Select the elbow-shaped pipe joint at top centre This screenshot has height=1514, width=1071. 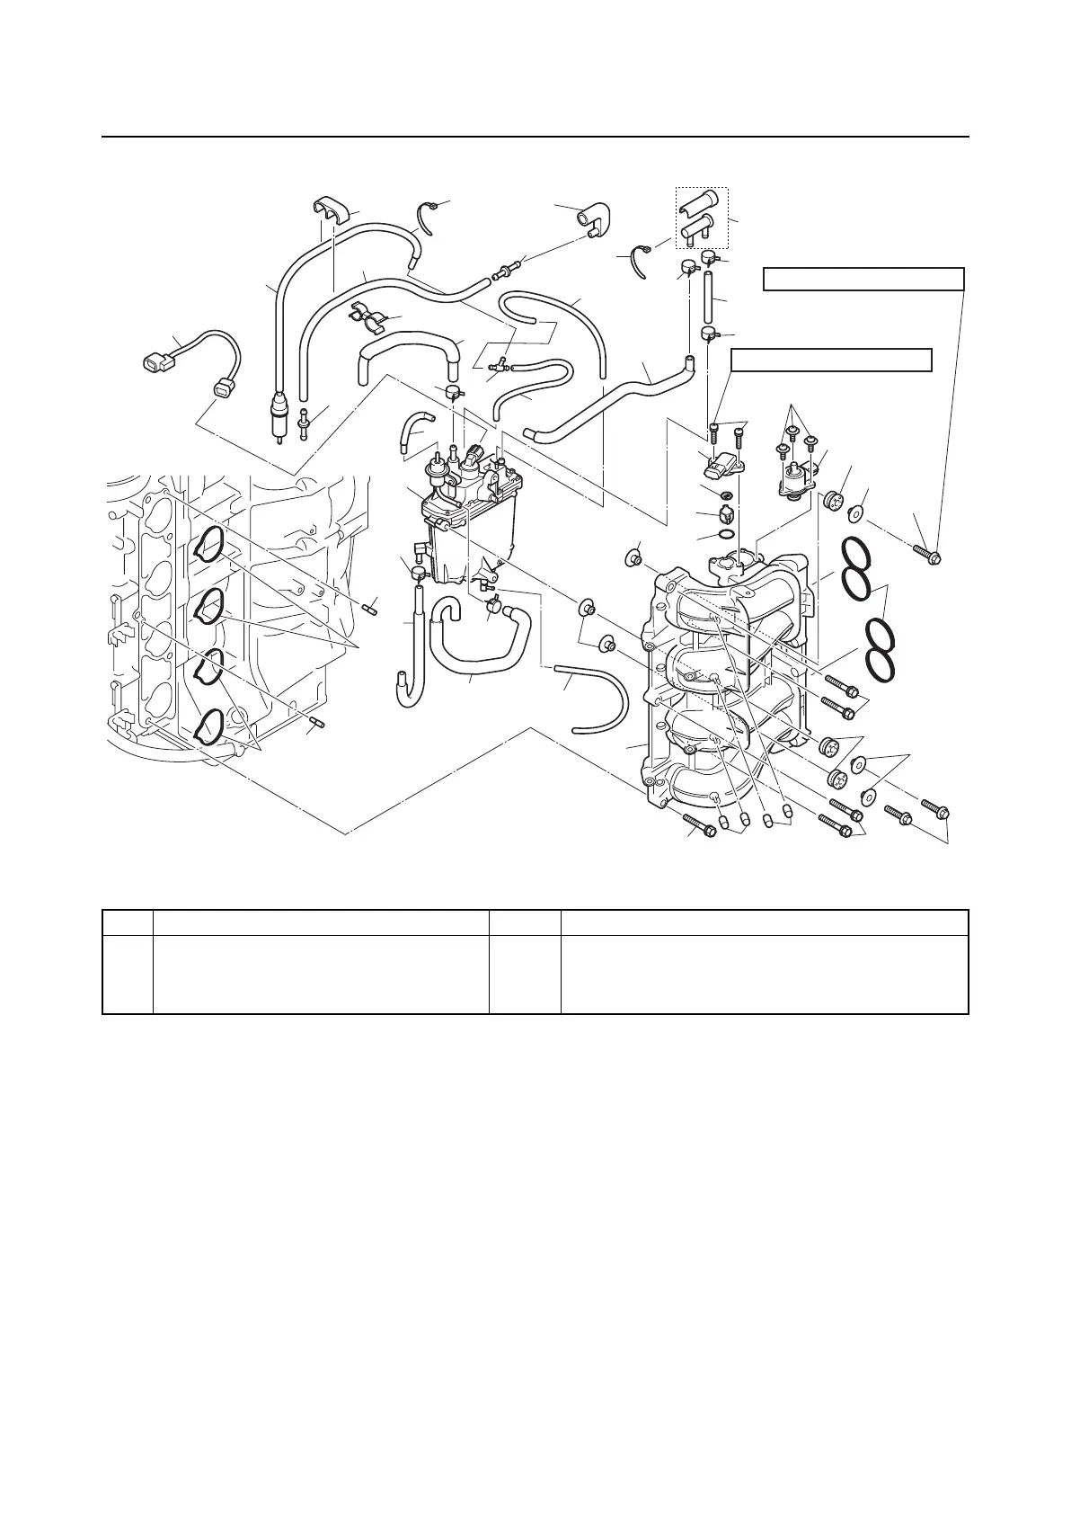click(593, 218)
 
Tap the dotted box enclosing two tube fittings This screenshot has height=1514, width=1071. click(702, 218)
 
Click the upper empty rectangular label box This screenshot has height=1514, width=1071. click(863, 280)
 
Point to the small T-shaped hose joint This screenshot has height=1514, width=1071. click(496, 365)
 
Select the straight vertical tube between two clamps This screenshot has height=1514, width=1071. click(708, 298)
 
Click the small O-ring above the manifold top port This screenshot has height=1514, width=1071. click(726, 537)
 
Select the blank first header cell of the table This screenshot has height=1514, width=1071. click(128, 922)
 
